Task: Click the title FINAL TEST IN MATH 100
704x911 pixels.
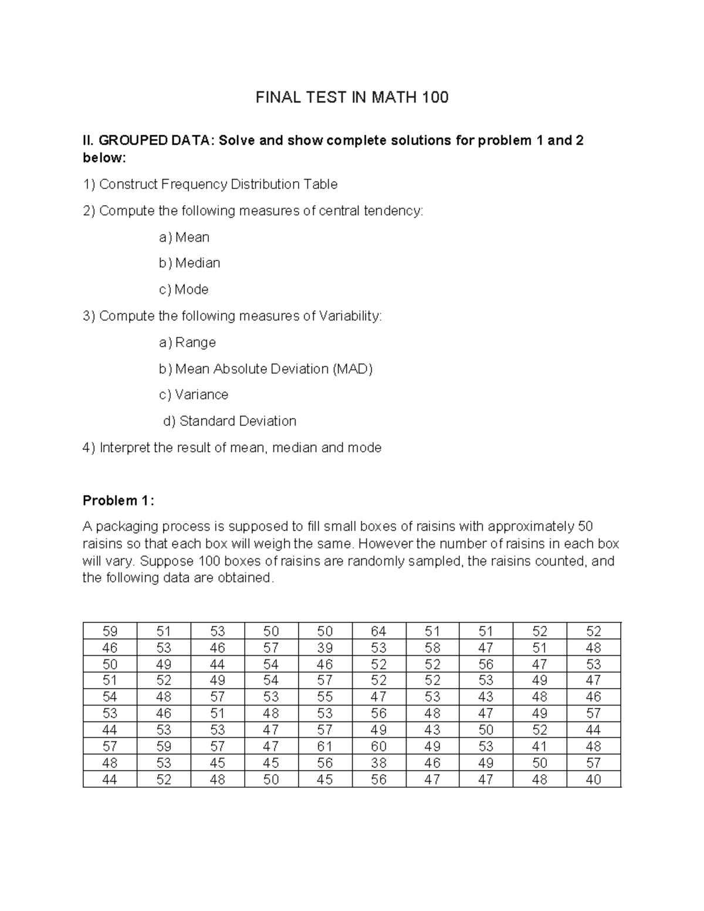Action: (352, 97)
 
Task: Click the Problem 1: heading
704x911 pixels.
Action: (119, 500)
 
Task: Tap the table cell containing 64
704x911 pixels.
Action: (378, 631)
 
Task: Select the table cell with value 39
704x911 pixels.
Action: (324, 648)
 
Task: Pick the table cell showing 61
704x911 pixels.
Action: (324, 746)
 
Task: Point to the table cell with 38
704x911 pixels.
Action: (378, 763)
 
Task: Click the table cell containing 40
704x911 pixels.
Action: (593, 780)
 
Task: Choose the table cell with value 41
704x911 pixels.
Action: (539, 746)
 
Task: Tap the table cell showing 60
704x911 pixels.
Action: (378, 746)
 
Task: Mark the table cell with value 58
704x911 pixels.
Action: (432, 648)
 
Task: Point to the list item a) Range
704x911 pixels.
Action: (187, 342)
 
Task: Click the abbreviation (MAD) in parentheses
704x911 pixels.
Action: (353, 368)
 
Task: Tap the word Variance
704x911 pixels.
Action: (201, 395)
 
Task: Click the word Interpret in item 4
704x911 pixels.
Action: (125, 448)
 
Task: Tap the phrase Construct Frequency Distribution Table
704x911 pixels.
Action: (218, 184)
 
